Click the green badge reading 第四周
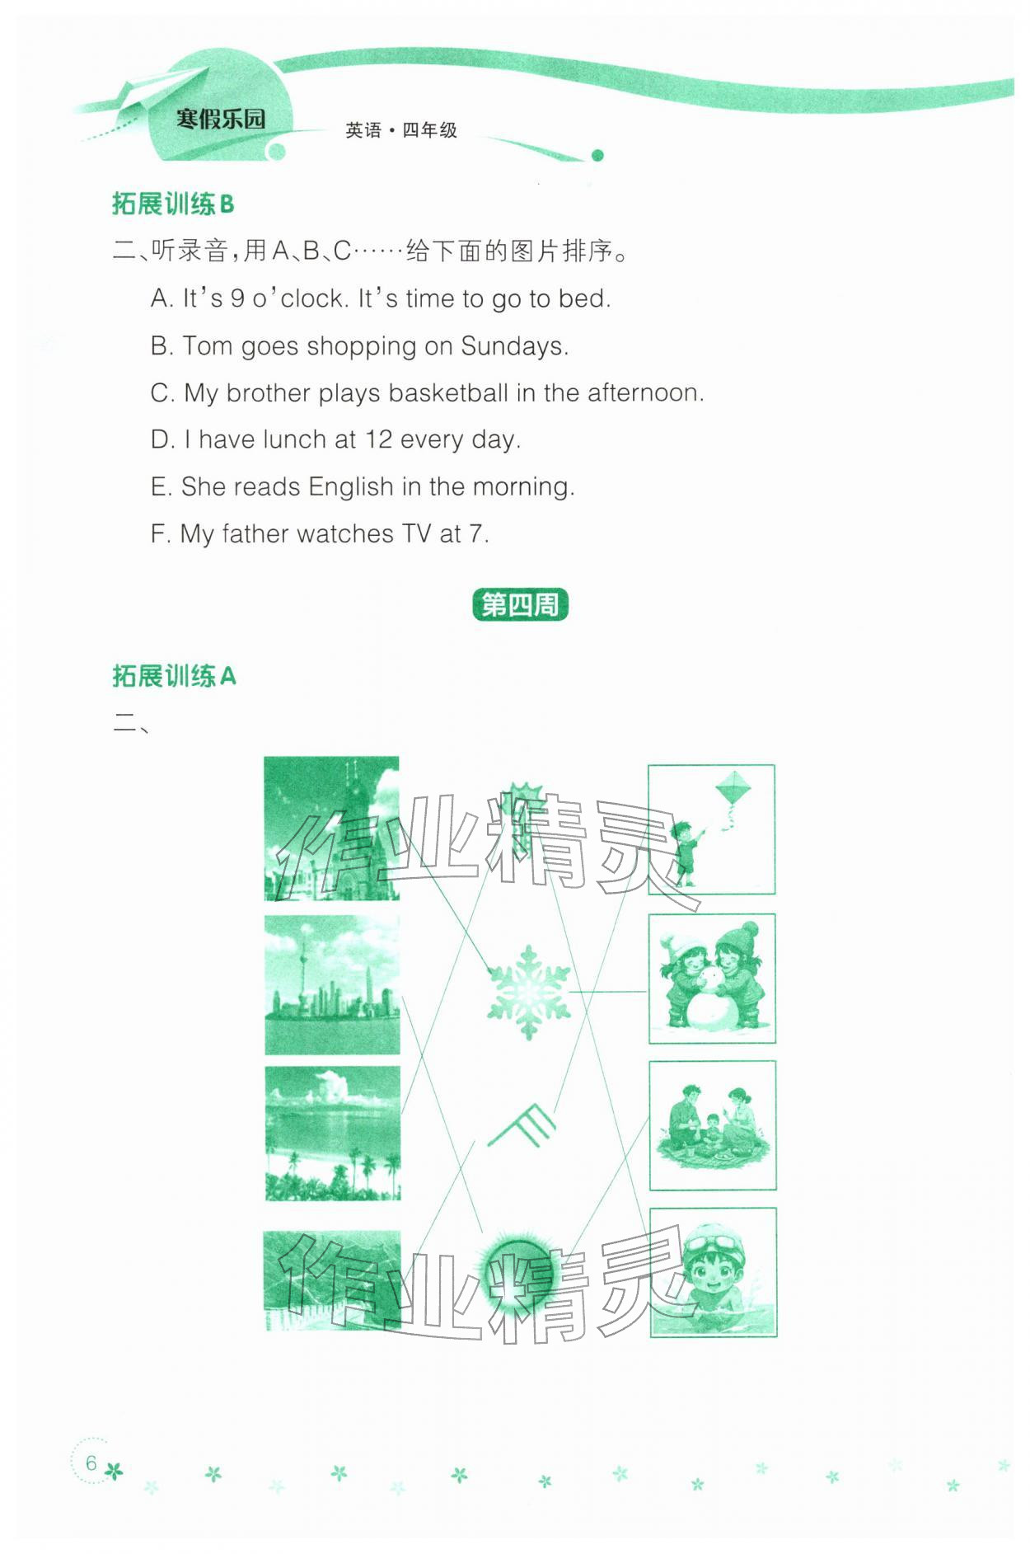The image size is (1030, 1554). pos(520,605)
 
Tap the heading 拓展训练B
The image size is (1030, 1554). pos(173,204)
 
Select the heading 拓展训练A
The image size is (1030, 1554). pos(174,676)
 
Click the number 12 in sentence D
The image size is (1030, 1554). pos(378,439)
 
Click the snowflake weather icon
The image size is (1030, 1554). pos(528,992)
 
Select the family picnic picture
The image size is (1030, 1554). pos(713,1124)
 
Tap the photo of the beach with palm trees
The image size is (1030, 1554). pos(332,1133)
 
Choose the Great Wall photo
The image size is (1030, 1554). pos(332,1279)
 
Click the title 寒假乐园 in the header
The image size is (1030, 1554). pos(221,119)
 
